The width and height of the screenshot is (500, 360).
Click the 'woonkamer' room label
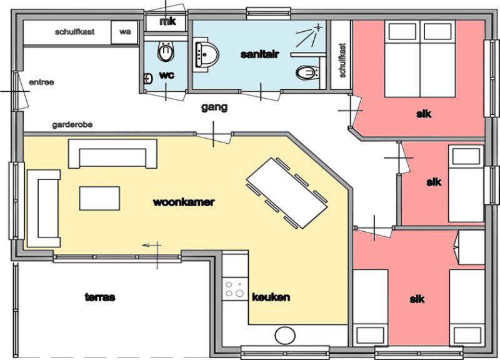point(184,202)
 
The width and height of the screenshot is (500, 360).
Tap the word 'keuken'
point(271,297)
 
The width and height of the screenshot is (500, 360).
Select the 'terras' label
point(100,297)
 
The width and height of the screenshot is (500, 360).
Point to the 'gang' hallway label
point(214,107)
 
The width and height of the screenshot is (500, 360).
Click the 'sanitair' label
point(259,54)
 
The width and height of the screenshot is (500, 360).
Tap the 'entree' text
point(41,82)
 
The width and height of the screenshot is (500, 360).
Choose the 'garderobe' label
point(72,124)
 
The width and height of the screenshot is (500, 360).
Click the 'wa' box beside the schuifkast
point(124,32)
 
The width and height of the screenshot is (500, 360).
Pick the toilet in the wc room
point(166,51)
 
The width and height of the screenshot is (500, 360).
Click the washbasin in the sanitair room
point(206,55)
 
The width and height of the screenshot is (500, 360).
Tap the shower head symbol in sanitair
point(317,27)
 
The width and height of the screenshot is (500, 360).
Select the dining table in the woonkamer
point(287,193)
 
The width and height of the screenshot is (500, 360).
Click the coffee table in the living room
point(99,198)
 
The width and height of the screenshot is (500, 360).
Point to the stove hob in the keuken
point(235,289)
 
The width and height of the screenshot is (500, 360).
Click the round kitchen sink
point(285,336)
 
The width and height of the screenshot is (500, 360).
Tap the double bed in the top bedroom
point(419,59)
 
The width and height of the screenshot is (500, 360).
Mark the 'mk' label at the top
point(167,22)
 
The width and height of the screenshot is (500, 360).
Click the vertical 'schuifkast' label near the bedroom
point(342,61)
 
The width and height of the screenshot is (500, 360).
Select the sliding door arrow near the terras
point(152,245)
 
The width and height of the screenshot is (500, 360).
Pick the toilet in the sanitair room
point(307,73)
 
